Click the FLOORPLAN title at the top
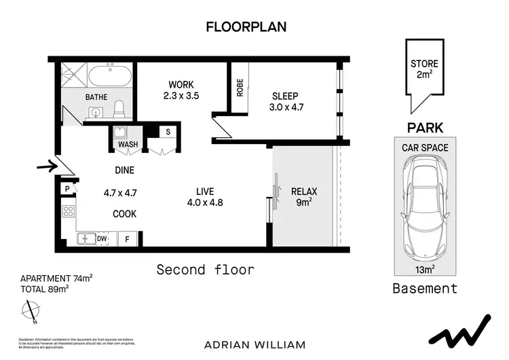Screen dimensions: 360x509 [246, 27]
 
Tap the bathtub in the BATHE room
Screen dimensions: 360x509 [105, 74]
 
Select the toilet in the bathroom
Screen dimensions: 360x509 [119, 109]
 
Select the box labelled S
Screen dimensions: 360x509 [168, 131]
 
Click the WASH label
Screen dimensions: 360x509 [128, 145]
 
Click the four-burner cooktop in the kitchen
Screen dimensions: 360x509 [69, 211]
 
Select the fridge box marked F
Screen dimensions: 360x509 [126, 238]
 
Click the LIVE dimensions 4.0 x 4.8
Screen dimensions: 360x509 [205, 202]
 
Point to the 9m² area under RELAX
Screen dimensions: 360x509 [303, 202]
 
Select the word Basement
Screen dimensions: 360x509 [425, 289]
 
